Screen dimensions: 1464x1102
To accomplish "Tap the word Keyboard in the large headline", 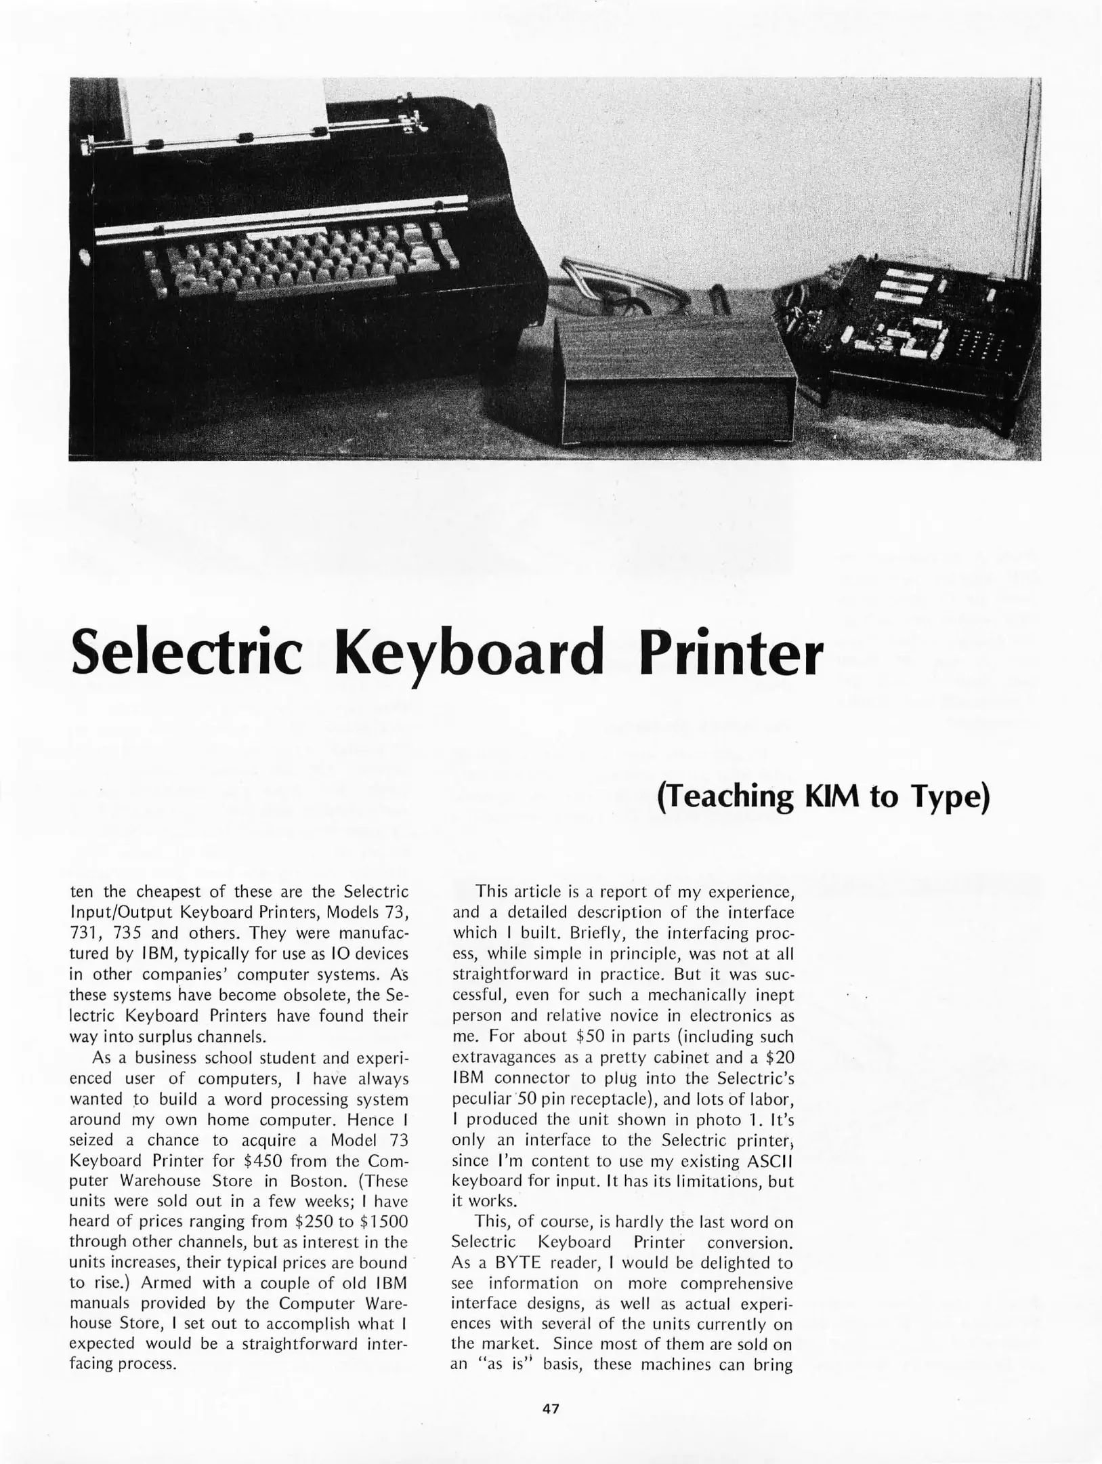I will [469, 651].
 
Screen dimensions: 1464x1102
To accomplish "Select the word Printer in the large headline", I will [730, 651].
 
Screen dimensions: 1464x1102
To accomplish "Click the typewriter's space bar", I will [298, 293].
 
